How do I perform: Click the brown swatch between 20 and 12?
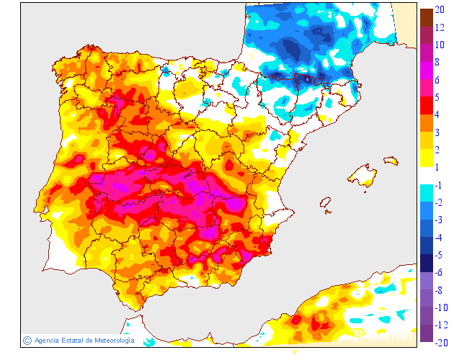(x=426, y=17)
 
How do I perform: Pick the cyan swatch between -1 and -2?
(x=426, y=194)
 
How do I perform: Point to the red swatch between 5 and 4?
(x=426, y=106)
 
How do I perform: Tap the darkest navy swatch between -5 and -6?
(x=426, y=264)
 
